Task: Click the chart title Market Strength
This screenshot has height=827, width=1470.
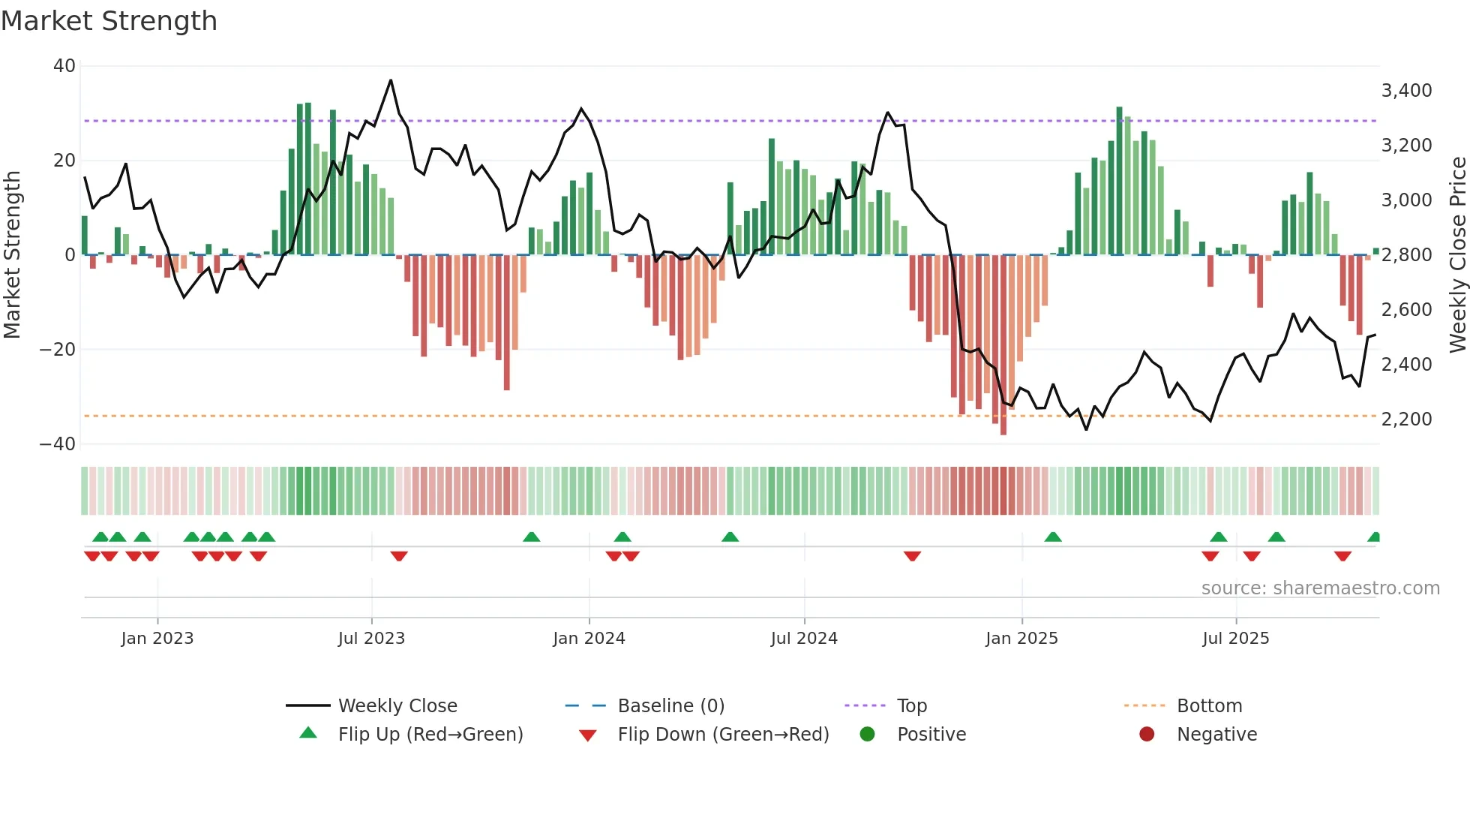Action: click(x=109, y=21)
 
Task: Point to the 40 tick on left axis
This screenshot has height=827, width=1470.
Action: click(x=64, y=66)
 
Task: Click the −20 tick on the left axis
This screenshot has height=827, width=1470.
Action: click(x=58, y=350)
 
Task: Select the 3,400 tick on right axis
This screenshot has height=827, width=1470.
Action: click(x=1406, y=91)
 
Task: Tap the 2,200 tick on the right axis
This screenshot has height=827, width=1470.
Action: click(x=1406, y=420)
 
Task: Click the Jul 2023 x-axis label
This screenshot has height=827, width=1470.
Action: click(x=371, y=639)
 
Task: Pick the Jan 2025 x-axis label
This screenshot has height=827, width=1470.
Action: click(x=1021, y=639)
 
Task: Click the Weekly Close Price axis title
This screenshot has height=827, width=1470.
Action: click(x=1457, y=255)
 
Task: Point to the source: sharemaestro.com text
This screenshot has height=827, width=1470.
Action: click(x=1320, y=588)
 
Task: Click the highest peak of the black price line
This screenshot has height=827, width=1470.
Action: click(x=391, y=80)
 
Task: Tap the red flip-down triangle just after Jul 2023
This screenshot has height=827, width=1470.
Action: click(x=399, y=556)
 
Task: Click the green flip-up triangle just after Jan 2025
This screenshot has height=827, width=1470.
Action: click(x=1053, y=537)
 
